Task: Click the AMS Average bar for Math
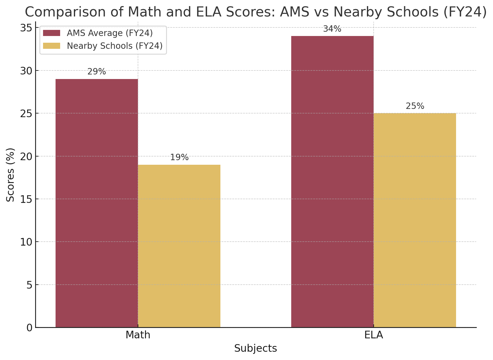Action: tap(96, 203)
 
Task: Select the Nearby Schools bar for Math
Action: tap(179, 246)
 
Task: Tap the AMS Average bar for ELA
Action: tap(332, 182)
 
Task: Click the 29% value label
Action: tap(96, 72)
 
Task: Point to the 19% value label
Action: tap(179, 158)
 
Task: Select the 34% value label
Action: tap(332, 29)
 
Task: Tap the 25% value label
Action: tap(415, 106)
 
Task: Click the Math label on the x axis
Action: tap(138, 335)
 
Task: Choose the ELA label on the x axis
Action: tap(374, 335)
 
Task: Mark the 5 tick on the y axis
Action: tap(29, 285)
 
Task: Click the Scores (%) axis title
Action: tap(11, 175)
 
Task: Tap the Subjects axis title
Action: tap(256, 348)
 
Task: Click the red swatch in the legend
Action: tap(52, 33)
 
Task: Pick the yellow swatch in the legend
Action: tap(52, 46)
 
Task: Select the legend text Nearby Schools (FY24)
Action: tap(114, 46)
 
